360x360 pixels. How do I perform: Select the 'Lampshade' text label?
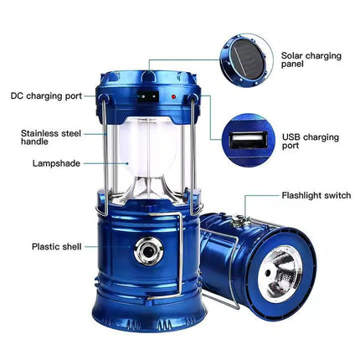[x=57, y=163]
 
